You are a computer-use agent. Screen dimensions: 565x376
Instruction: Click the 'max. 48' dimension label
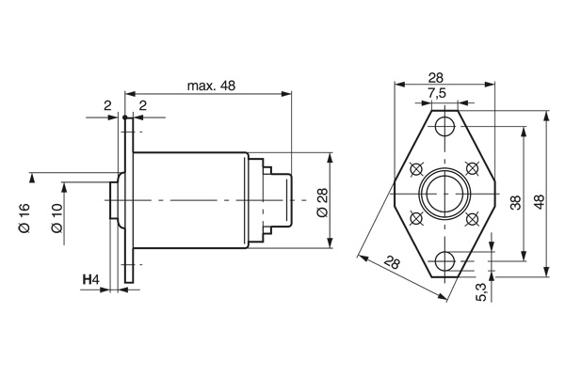point(211,86)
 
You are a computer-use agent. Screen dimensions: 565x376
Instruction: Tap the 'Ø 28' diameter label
point(322,203)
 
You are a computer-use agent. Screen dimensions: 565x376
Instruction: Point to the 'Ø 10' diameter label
point(56,218)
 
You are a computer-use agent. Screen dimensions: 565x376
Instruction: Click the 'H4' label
point(90,279)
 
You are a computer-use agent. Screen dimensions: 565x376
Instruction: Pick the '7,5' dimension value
point(437,93)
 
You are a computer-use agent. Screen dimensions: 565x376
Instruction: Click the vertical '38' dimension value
point(516,203)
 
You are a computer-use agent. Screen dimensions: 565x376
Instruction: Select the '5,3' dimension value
point(481,291)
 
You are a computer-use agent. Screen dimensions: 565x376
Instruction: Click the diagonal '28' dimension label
point(392,262)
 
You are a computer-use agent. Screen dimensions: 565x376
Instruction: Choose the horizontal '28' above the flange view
point(436,77)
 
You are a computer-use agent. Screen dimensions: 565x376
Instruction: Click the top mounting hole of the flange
point(445,126)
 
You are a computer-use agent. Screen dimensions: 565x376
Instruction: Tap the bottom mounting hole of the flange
point(445,261)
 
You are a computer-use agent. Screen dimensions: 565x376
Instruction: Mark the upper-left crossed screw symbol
point(416,168)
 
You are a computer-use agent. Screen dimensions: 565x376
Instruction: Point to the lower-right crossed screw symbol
point(472,218)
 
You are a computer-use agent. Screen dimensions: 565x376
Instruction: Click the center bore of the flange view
point(445,194)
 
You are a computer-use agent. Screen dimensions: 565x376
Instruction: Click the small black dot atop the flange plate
point(125,117)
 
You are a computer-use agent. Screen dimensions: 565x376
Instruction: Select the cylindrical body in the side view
point(190,200)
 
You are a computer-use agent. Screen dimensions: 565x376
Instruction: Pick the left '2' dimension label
point(107,106)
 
